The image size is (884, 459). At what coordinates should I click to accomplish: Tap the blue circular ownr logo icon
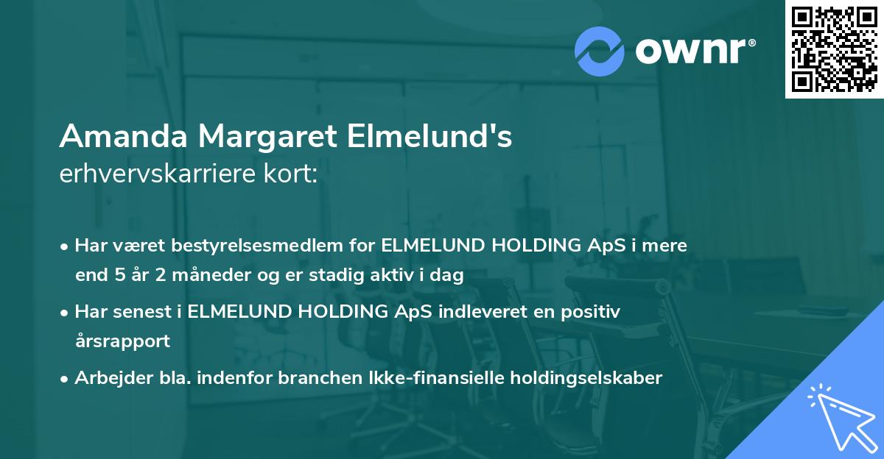[600, 51]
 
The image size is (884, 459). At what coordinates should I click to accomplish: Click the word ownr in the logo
[692, 51]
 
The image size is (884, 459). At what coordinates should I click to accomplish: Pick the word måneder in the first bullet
[208, 276]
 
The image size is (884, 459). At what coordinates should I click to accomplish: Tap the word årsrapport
[122, 341]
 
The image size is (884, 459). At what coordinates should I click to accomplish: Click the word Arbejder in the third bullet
[108, 378]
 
